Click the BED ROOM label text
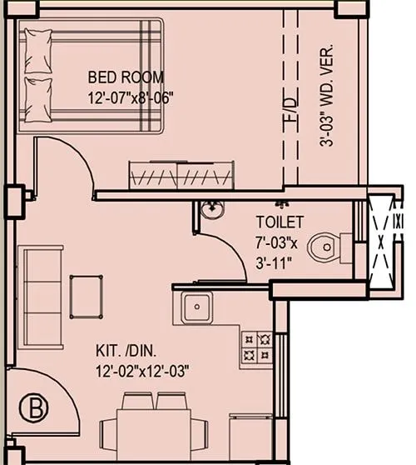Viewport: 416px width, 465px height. coord(126,78)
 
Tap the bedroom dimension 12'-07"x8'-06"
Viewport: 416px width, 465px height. coord(131,96)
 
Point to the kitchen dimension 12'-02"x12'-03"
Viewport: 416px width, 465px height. coord(142,370)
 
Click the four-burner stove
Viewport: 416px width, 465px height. coord(256,347)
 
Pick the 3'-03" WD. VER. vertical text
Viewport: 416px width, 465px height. coord(326,95)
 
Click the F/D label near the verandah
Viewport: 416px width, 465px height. coord(289,111)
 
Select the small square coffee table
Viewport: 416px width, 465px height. coord(87,295)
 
